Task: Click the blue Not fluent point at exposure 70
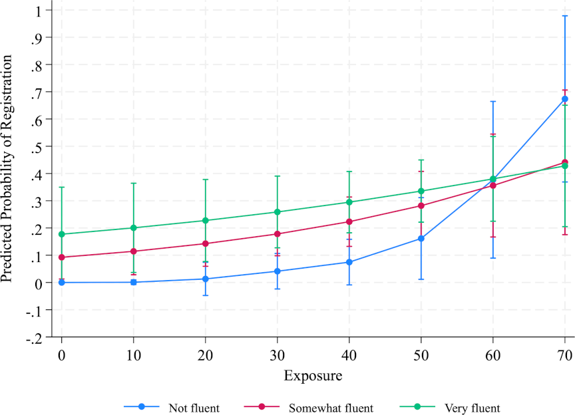click(x=565, y=99)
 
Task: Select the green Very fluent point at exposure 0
click(x=62, y=234)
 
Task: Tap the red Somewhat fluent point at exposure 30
click(x=278, y=234)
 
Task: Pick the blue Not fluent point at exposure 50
click(x=421, y=239)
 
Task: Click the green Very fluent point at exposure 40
click(x=349, y=202)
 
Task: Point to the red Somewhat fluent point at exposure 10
click(x=134, y=251)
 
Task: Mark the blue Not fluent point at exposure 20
click(x=206, y=279)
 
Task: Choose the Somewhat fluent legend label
click(x=331, y=408)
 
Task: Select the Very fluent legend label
click(x=473, y=408)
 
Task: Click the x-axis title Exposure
click(x=313, y=376)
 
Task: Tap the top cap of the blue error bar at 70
click(x=565, y=15)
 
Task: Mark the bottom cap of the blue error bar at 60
click(x=493, y=258)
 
